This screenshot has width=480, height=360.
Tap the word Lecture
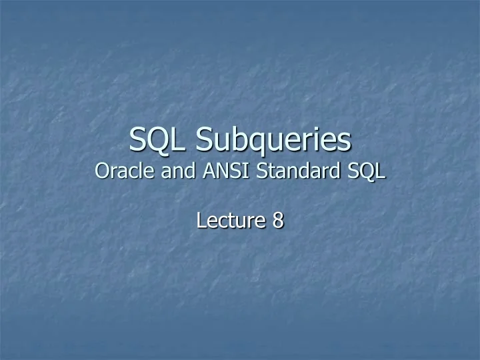229,220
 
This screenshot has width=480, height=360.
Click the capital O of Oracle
102,171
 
